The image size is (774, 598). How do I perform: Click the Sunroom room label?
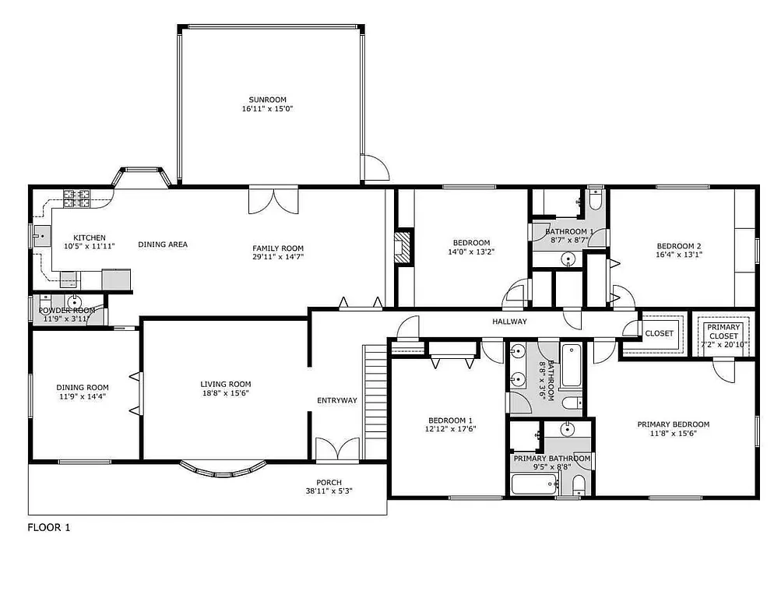point(267,100)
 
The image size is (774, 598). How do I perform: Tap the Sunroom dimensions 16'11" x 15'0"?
point(267,109)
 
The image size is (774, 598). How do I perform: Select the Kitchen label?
point(90,237)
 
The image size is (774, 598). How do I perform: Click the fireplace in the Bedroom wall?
point(403,247)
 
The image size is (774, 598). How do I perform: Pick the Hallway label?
point(509,322)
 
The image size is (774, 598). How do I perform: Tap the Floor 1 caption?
point(49,527)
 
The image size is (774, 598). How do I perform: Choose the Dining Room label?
point(82,387)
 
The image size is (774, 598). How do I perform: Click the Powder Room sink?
point(76,303)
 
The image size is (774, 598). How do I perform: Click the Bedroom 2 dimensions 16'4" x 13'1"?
point(678,254)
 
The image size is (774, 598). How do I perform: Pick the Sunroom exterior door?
point(375,169)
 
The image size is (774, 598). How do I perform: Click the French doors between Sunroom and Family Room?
point(273,199)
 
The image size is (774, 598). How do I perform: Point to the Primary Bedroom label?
point(673,424)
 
